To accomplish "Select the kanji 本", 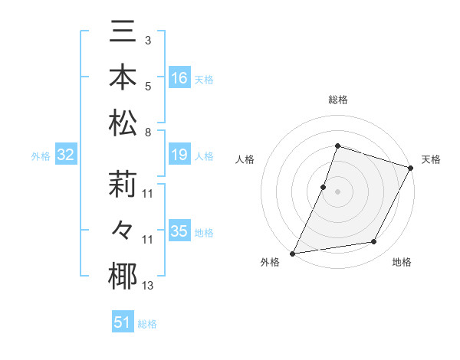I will pyautogui.click(x=123, y=80).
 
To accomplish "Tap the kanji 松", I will pyautogui.click(x=123, y=123).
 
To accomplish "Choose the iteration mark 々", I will pyautogui.click(x=123, y=230).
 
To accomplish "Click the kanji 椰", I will pyautogui.click(x=123, y=276).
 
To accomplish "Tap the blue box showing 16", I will pyautogui.click(x=179, y=78).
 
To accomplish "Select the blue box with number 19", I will pyautogui.click(x=179, y=155).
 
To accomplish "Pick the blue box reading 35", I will pyautogui.click(x=179, y=231).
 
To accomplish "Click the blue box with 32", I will pyautogui.click(x=66, y=155).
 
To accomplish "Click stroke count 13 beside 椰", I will pyautogui.click(x=148, y=286).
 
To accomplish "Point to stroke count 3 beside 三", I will pyautogui.click(x=148, y=41).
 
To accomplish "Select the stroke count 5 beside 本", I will pyautogui.click(x=148, y=86).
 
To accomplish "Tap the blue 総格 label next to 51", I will pyautogui.click(x=147, y=324).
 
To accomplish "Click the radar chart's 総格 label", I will pyautogui.click(x=337, y=100).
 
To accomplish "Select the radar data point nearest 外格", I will pyautogui.click(x=293, y=254).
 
